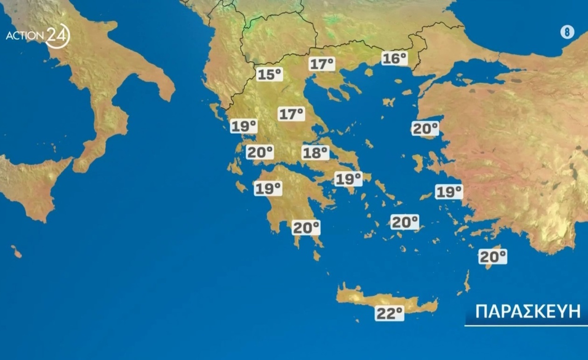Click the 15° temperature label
(x=270, y=74)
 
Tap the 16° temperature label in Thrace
(x=394, y=58)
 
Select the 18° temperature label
(x=315, y=152)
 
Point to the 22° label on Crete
(x=389, y=313)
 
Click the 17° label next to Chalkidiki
(x=322, y=64)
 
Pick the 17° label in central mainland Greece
(x=292, y=113)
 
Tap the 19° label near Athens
(x=348, y=178)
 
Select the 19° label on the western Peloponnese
(x=268, y=188)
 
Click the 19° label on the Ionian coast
(x=244, y=125)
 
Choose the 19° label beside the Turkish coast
(x=449, y=191)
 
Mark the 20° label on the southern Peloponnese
(x=306, y=228)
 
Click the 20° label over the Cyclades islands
(x=405, y=222)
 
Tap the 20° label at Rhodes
(x=493, y=256)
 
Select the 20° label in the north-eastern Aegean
(x=425, y=128)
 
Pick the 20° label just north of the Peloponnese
(x=260, y=152)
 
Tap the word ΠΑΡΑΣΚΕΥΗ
(x=527, y=311)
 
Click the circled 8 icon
(x=567, y=32)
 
